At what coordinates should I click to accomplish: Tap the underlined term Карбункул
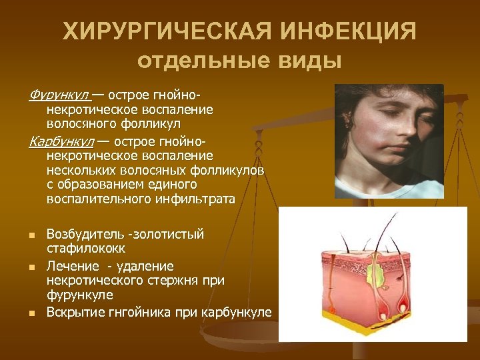tap(61, 141)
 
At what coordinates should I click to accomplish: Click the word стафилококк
tap(80, 249)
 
